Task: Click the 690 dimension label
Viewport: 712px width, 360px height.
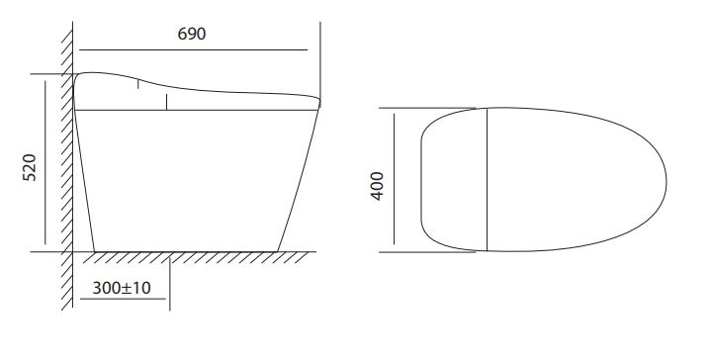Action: [191, 34]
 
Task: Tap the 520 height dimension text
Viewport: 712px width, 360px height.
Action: [30, 167]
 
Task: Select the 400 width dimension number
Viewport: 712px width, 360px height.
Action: [377, 186]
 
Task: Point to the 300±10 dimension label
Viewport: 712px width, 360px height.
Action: [122, 288]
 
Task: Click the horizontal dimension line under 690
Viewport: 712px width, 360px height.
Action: [194, 49]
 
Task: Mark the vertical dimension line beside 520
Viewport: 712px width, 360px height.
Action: [45, 162]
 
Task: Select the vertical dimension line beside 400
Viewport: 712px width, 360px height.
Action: [395, 179]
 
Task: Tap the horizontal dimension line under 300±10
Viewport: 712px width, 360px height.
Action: [123, 299]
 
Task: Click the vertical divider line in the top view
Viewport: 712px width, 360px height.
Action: [487, 179]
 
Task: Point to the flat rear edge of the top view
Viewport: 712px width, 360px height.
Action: [421, 180]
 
